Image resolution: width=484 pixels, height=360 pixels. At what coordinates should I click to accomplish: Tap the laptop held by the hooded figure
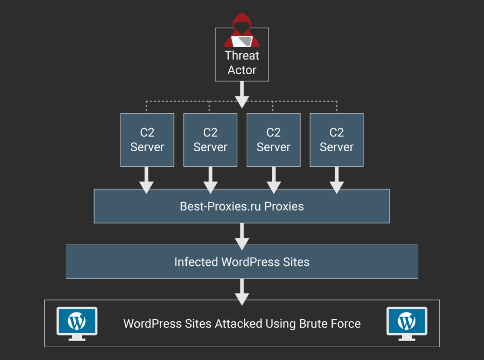pos(242,41)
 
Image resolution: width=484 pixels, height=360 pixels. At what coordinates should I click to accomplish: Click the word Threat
pos(242,56)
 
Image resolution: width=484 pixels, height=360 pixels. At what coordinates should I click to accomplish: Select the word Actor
pos(242,70)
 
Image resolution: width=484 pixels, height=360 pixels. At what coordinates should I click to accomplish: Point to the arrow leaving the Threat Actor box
pos(242,94)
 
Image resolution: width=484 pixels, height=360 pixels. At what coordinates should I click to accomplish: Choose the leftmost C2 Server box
pos(147,140)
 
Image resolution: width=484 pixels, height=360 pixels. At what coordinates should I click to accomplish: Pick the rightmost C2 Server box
pos(337,140)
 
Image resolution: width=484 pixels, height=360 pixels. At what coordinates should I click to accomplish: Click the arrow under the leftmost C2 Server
pos(147,180)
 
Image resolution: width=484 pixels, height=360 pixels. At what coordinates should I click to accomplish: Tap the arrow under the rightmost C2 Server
pos(337,180)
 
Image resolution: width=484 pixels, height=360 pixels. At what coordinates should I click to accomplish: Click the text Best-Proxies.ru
pos(220,206)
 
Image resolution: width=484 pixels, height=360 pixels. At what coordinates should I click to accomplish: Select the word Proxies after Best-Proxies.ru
pos(284,206)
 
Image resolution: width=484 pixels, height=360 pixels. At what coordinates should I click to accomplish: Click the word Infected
pos(196,262)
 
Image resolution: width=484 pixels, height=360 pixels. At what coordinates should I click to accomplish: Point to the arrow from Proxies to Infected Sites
pos(242,236)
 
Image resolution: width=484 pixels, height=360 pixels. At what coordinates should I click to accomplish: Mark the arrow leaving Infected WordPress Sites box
pos(242,292)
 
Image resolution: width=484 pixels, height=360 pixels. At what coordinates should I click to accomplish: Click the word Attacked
pos(239,324)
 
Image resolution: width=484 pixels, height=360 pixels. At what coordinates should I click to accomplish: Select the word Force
pos(346,324)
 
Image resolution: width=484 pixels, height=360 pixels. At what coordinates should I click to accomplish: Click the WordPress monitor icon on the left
pos(77,324)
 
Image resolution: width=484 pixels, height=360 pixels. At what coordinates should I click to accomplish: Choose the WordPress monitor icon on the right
pos(407,324)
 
